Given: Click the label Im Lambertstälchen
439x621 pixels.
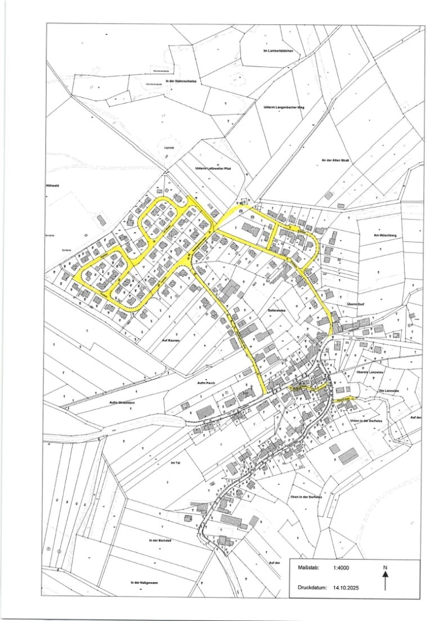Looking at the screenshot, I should point(282,52).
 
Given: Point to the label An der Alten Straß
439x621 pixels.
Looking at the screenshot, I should point(336,161).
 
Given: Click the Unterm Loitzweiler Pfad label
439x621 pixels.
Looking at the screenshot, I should point(214,168).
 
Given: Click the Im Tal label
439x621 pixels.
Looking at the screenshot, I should point(174,462).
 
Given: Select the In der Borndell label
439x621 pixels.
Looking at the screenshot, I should point(160,541).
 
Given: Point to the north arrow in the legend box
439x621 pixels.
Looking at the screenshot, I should point(386,579).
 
